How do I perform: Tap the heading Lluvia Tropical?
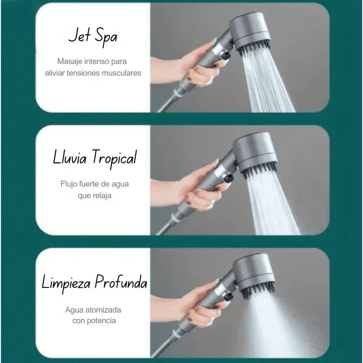tap(95, 158)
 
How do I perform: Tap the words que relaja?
tap(94, 195)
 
